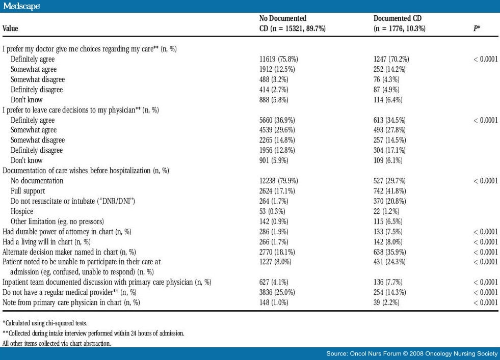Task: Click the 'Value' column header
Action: pyautogui.click(x=10, y=29)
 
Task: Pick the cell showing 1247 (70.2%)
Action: pyautogui.click(x=391, y=59)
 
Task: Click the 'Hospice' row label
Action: pyautogui.click(x=22, y=211)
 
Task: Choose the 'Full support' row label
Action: pyautogui.click(x=28, y=191)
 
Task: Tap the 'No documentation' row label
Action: pyautogui.click(x=37, y=181)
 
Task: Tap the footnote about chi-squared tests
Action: pyautogui.click(x=38, y=323)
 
